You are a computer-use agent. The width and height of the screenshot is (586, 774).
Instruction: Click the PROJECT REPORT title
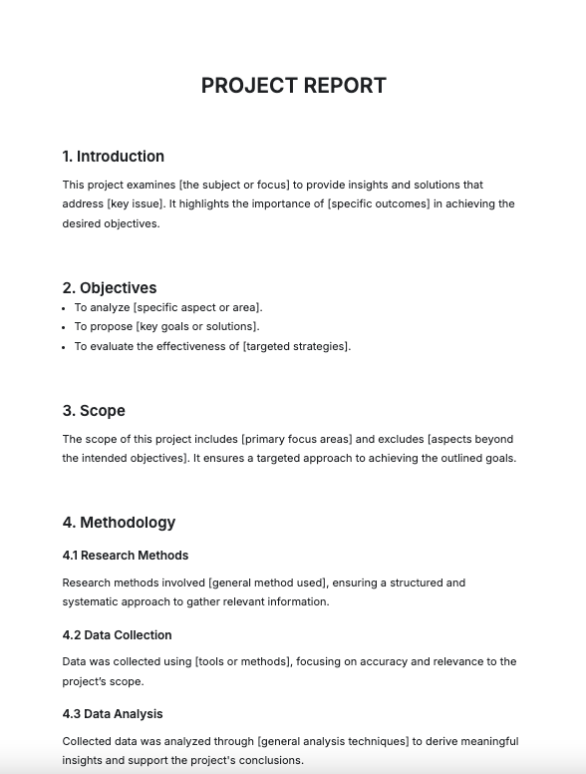click(293, 86)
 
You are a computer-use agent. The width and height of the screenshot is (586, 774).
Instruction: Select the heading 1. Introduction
click(113, 157)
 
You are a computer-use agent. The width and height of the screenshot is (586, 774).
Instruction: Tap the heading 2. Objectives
click(109, 288)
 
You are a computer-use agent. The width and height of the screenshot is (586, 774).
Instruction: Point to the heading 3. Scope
click(94, 411)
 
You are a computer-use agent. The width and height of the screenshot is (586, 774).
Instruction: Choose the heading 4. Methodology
click(119, 523)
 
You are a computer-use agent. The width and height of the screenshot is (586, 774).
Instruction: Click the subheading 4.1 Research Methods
click(125, 556)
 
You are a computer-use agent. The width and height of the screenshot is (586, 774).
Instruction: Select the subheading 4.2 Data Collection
click(117, 635)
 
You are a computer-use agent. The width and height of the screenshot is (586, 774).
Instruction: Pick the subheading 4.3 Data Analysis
click(112, 714)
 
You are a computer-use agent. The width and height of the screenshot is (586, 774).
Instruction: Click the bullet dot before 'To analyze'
click(65, 308)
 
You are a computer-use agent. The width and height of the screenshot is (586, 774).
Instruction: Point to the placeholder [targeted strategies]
click(296, 347)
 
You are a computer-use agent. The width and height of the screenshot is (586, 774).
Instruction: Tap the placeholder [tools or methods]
click(238, 662)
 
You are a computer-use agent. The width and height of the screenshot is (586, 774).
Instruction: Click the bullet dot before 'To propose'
click(65, 327)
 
